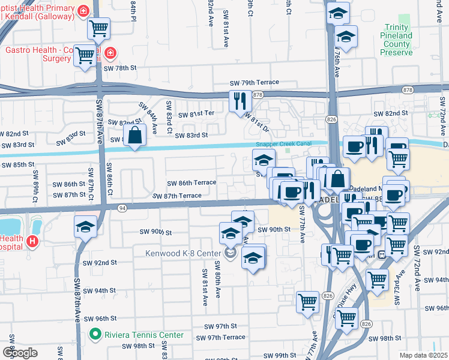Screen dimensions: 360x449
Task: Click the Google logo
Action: [x=20, y=352]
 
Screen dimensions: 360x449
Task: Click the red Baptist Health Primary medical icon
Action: [x=83, y=10]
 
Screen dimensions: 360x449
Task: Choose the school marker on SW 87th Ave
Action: [x=85, y=227]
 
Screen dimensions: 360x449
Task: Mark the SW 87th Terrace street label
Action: [x=177, y=196]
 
